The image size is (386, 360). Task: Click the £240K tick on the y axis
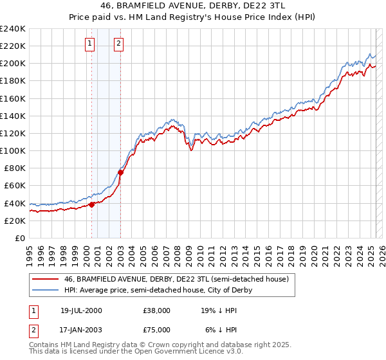pyautogui.click(x=13, y=29)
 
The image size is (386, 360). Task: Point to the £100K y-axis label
pyautogui.click(x=13, y=150)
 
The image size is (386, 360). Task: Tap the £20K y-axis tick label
pyautogui.click(x=15, y=221)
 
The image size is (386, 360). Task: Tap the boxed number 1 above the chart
pyautogui.click(x=89, y=44)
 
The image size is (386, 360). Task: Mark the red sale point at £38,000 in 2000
pyautogui.click(x=92, y=204)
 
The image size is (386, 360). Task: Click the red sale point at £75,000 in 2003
pyautogui.click(x=120, y=172)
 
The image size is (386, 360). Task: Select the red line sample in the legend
pyautogui.click(x=46, y=279)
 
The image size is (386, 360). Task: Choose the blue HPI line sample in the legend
pyautogui.click(x=46, y=290)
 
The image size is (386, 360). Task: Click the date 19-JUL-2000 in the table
pyautogui.click(x=81, y=310)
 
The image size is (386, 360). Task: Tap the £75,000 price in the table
pyautogui.click(x=157, y=329)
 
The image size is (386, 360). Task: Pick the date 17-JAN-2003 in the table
pyautogui.click(x=81, y=329)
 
